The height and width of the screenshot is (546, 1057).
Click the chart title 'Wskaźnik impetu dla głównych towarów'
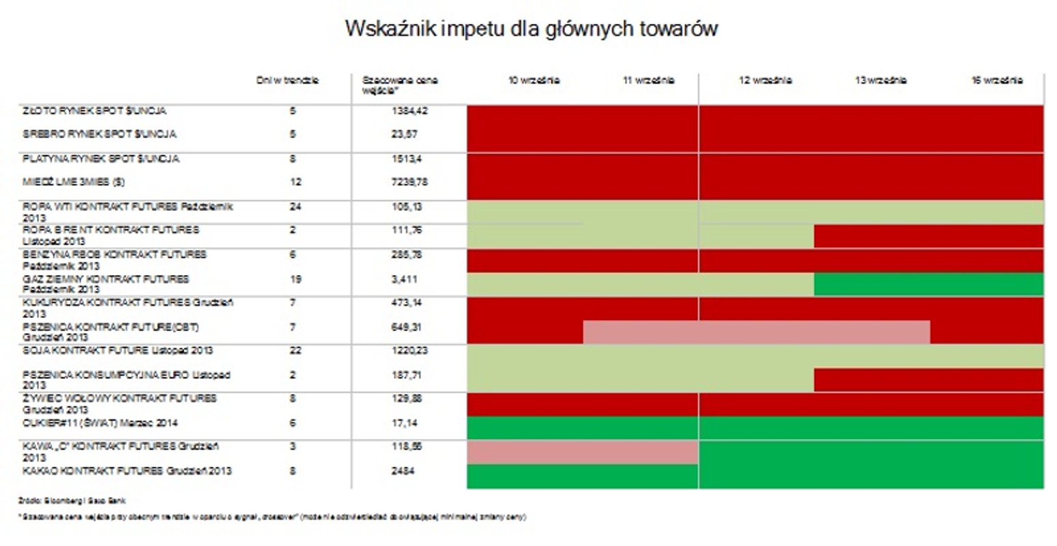(531, 29)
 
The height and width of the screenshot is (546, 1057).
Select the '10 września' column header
(534, 81)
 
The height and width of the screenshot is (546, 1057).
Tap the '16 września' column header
(997, 81)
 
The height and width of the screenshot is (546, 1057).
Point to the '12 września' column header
(766, 81)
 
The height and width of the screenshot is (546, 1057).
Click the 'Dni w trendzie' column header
(291, 81)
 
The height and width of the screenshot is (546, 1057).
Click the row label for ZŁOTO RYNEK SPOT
(94, 111)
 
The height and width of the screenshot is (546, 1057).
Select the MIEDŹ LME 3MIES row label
(74, 182)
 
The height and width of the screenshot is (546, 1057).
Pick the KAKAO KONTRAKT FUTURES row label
(127, 471)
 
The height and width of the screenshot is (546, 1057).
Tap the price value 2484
(404, 471)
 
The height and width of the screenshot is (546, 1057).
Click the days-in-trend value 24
(295, 206)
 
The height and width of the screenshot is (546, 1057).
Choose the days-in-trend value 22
(295, 350)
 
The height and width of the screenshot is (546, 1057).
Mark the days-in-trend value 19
(295, 279)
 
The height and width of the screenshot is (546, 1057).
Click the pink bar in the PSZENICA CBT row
(756, 332)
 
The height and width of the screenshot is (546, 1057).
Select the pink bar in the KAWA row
(582, 452)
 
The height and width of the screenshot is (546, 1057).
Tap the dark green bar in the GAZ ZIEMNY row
(928, 284)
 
